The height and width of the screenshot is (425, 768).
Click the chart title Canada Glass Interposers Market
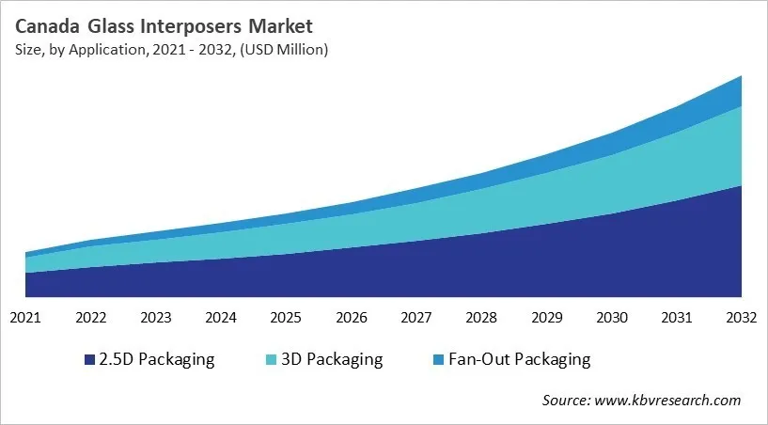(x=162, y=25)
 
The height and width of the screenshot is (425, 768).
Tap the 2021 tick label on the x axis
(x=25, y=317)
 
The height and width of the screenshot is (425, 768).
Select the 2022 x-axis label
(x=91, y=317)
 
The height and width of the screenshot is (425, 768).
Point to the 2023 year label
(x=156, y=317)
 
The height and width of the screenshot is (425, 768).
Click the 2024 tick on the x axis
(x=221, y=317)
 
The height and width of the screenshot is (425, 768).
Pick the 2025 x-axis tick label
(x=286, y=317)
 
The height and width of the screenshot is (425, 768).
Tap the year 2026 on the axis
(x=351, y=317)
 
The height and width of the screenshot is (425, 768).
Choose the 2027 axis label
(x=416, y=317)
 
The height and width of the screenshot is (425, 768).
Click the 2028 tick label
(x=481, y=317)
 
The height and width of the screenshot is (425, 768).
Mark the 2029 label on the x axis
(x=546, y=317)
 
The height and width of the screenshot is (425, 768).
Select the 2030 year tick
(x=611, y=317)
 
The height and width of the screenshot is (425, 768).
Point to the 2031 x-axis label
(x=676, y=317)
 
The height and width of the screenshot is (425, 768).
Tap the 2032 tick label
(x=741, y=317)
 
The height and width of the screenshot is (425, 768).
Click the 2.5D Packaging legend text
(x=156, y=359)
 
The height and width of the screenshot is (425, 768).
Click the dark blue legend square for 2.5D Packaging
(x=89, y=360)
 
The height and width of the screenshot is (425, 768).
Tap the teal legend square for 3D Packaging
(x=273, y=360)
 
